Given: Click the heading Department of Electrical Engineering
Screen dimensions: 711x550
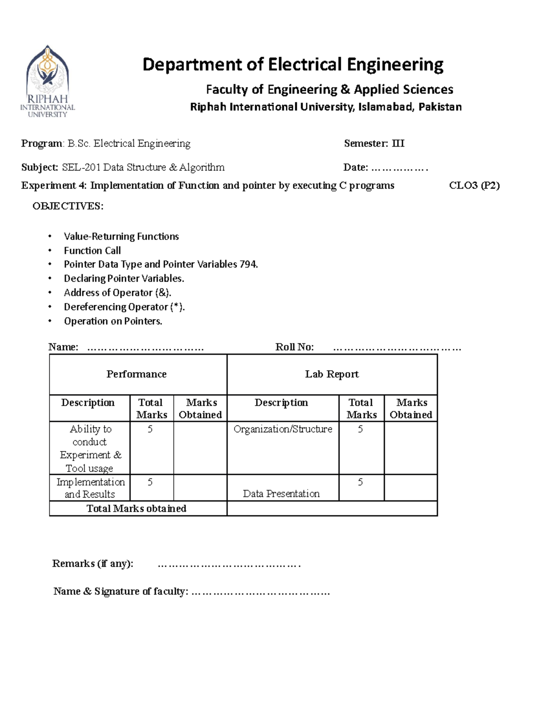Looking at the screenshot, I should pos(293,65).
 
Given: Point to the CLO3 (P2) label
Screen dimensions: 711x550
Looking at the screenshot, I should pos(474,185).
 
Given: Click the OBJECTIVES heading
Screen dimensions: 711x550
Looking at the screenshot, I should pos(68,206).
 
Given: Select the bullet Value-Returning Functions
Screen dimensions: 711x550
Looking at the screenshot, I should pos(121,237).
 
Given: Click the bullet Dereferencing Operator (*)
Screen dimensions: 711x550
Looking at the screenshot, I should pos(124,307).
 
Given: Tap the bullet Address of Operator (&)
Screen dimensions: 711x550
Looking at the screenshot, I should pos(117,293).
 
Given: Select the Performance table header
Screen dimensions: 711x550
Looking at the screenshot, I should pos(137,374).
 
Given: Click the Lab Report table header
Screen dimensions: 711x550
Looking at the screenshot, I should pos(332,374).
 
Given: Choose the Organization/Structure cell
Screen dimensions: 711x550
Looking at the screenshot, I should pos(283,429).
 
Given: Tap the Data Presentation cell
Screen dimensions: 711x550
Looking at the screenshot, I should pos(281,494).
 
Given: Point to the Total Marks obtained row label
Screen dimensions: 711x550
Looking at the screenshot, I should pos(137,509).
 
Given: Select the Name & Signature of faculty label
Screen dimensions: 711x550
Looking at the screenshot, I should pos(121,592).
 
